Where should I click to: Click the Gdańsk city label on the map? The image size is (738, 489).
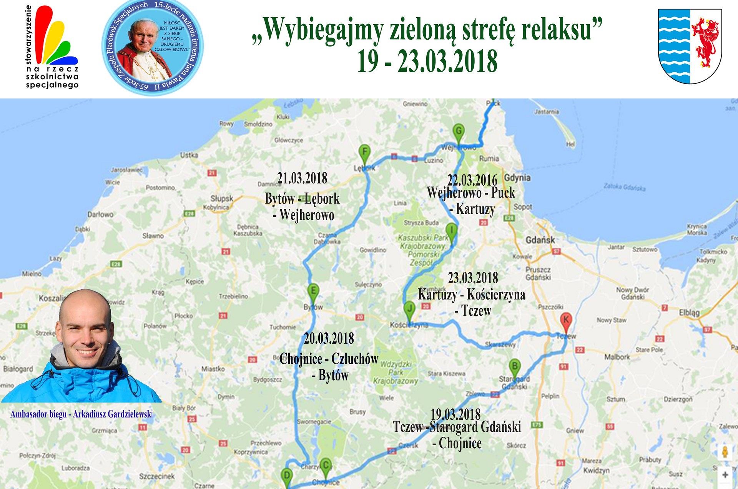pyautogui.click(x=540, y=240)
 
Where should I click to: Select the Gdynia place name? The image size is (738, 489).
pyautogui.click(x=517, y=178)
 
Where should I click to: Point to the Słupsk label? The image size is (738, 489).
pyautogui.click(x=222, y=199)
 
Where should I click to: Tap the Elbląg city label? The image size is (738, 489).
pyautogui.click(x=689, y=313)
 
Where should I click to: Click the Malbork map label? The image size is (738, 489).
pyautogui.click(x=617, y=357)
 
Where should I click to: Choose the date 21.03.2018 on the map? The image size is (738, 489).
pyautogui.click(x=302, y=178)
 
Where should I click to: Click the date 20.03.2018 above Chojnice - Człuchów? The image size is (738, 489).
pyautogui.click(x=329, y=338)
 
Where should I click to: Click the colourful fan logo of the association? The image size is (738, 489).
pyautogui.click(x=56, y=37)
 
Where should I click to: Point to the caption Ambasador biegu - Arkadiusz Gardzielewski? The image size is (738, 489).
pyautogui.click(x=81, y=414)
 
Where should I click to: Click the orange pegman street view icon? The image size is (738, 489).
pyautogui.click(x=725, y=452)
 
